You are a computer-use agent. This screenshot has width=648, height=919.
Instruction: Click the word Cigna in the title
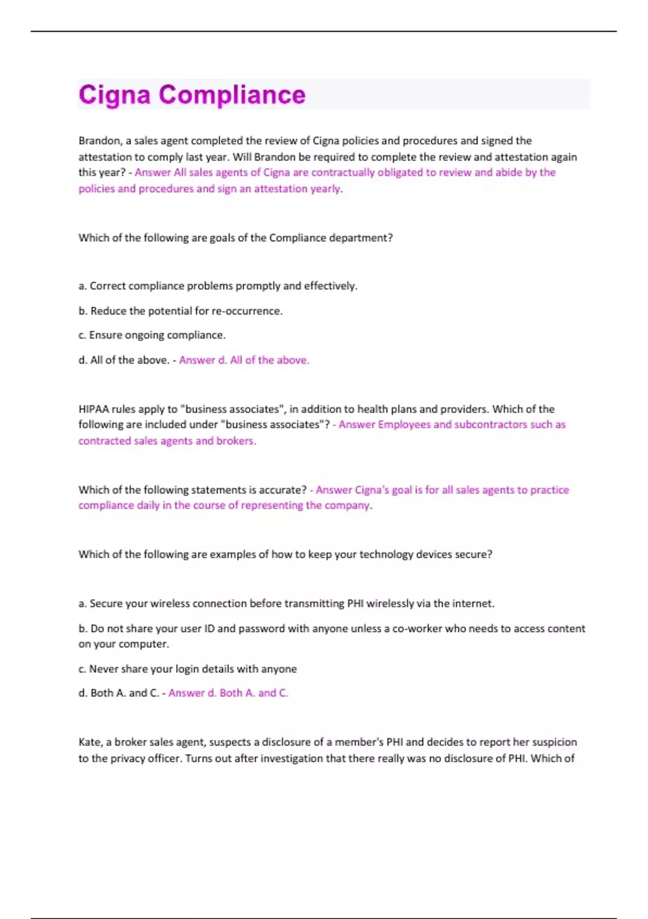point(114,95)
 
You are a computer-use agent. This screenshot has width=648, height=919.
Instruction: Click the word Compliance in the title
point(232,95)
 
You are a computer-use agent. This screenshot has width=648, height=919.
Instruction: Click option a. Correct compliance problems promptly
point(218,286)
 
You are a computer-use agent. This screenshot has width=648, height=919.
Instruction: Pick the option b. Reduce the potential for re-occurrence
point(180,311)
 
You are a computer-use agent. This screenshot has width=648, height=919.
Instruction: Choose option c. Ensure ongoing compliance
point(152,335)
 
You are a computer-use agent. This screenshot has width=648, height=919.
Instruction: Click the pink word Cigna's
point(372,490)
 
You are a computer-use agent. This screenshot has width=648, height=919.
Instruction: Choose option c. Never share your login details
point(187,669)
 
